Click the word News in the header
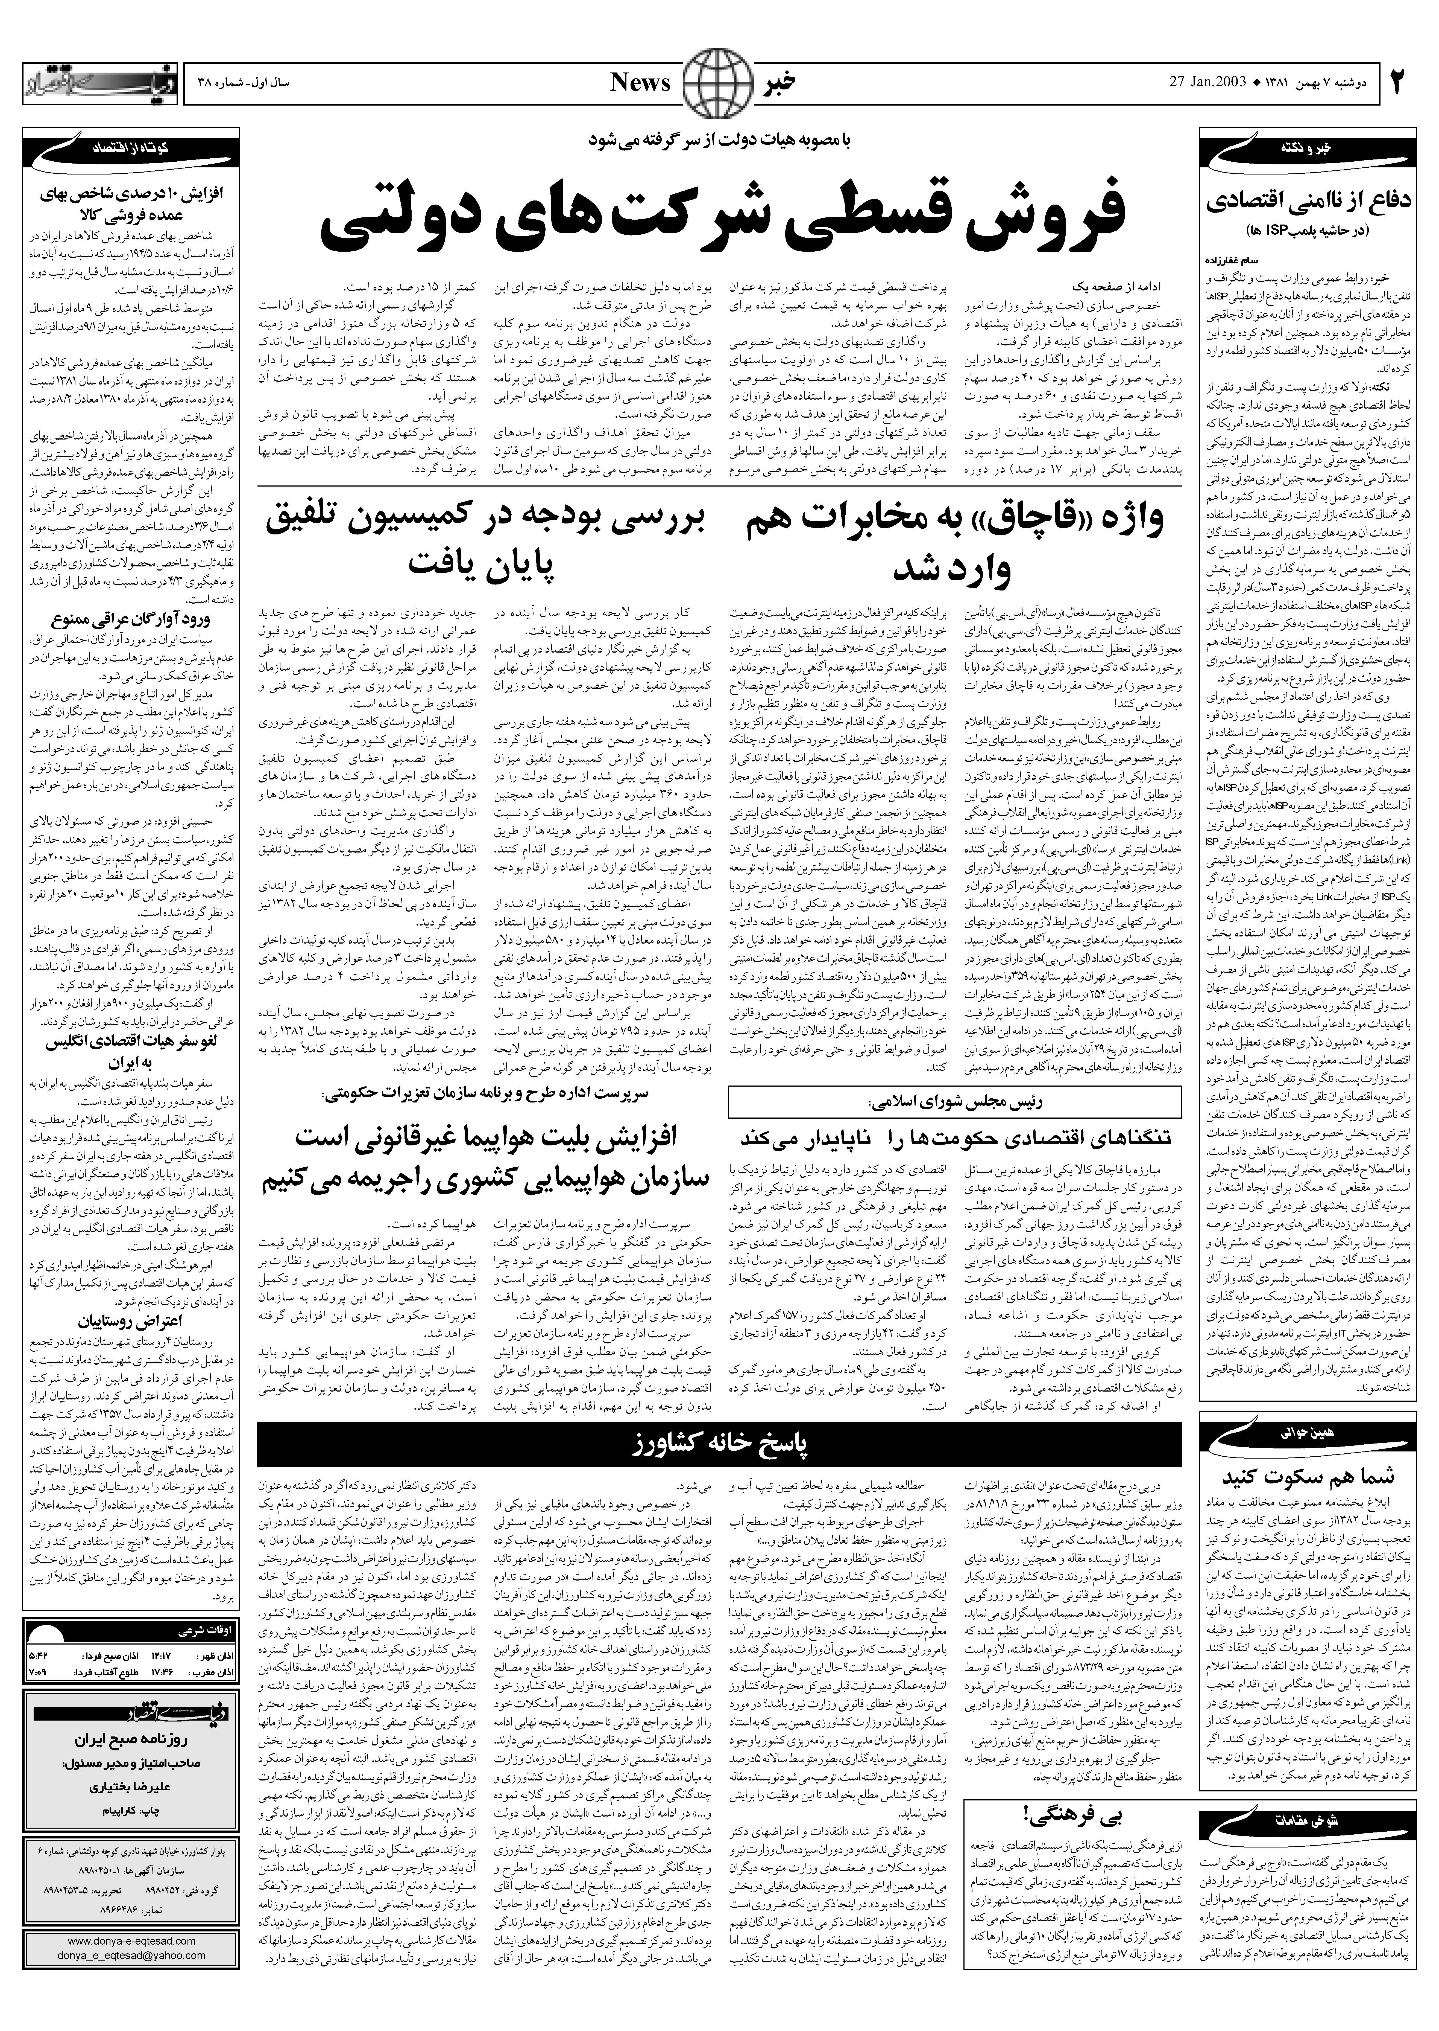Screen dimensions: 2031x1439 tap(640, 82)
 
